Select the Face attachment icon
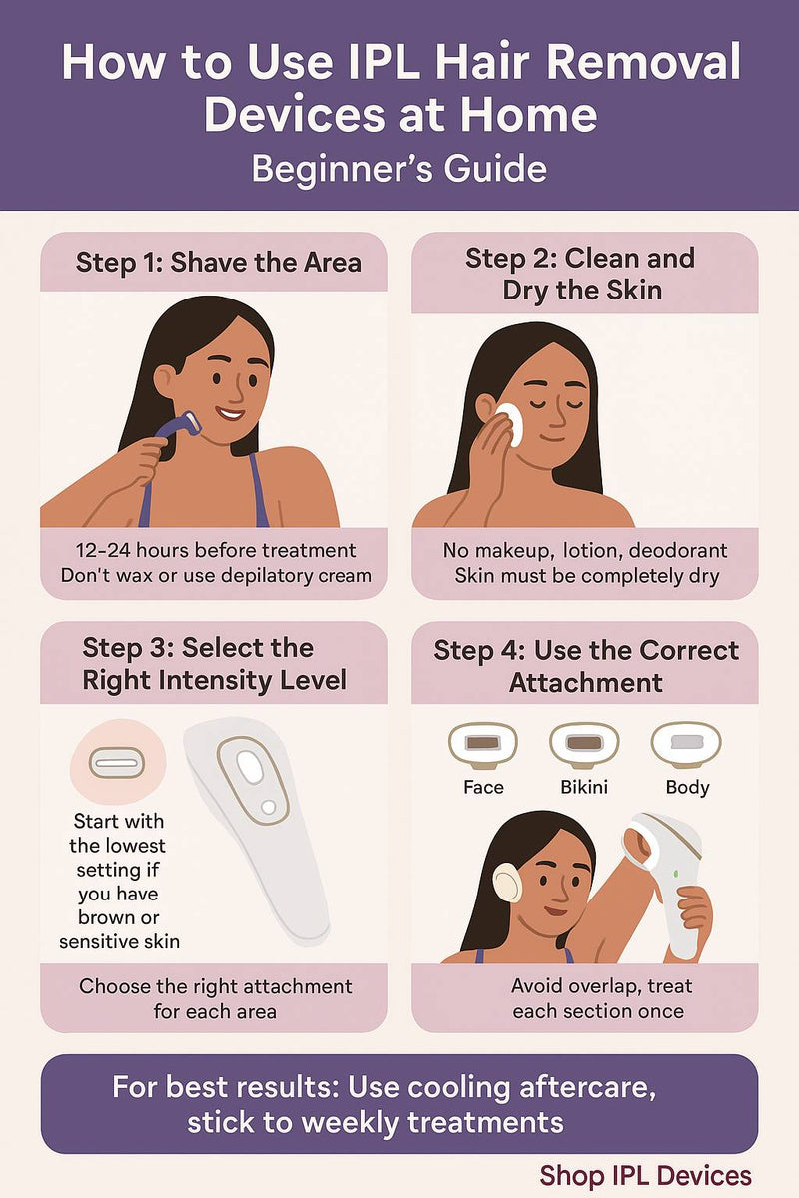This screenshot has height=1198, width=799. [483, 743]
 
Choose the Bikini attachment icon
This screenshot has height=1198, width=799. [584, 743]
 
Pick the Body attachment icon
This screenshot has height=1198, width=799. [686, 743]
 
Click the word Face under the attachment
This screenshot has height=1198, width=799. [483, 787]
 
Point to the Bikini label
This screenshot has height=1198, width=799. [584, 787]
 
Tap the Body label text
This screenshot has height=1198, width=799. [687, 787]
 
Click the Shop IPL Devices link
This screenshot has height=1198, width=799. [645, 1175]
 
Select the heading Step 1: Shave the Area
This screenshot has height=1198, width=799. [218, 263]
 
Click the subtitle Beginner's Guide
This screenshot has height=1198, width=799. [399, 167]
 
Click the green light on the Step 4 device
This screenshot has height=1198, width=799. [676, 875]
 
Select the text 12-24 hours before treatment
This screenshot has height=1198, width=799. [215, 550]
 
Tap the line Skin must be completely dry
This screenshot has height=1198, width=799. [587, 576]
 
